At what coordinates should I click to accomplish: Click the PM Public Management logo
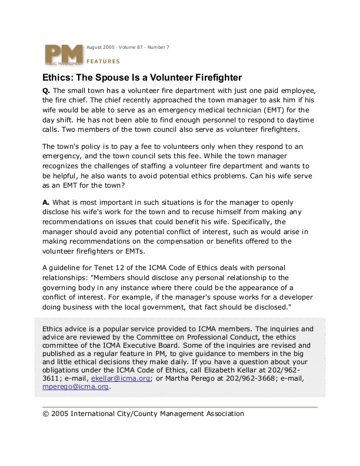pos(63,55)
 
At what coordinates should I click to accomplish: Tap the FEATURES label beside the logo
pos(103,61)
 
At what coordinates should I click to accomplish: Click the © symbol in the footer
pos(46,414)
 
